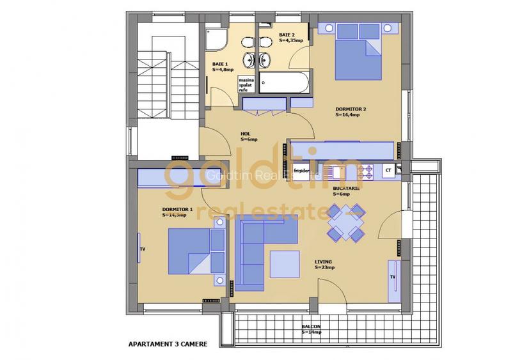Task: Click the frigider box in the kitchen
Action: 301,171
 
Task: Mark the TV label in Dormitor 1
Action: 143,250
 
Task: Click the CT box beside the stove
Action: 386,171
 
